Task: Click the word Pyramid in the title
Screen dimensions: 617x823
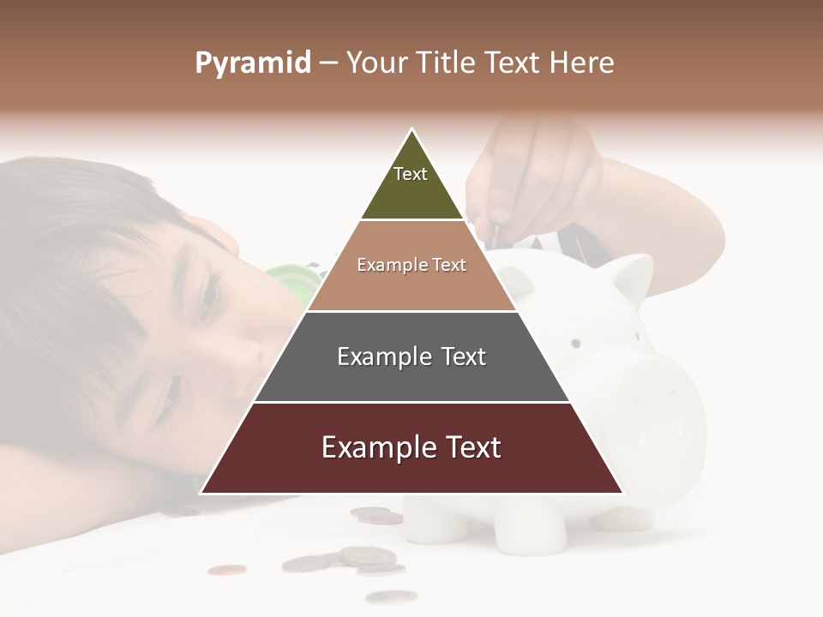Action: click(x=253, y=63)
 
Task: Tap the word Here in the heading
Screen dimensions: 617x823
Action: click(x=581, y=63)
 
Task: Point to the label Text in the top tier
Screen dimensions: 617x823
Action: click(x=411, y=174)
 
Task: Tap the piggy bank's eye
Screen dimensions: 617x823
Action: click(x=576, y=343)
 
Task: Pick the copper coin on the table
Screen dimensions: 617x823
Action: click(x=227, y=569)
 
